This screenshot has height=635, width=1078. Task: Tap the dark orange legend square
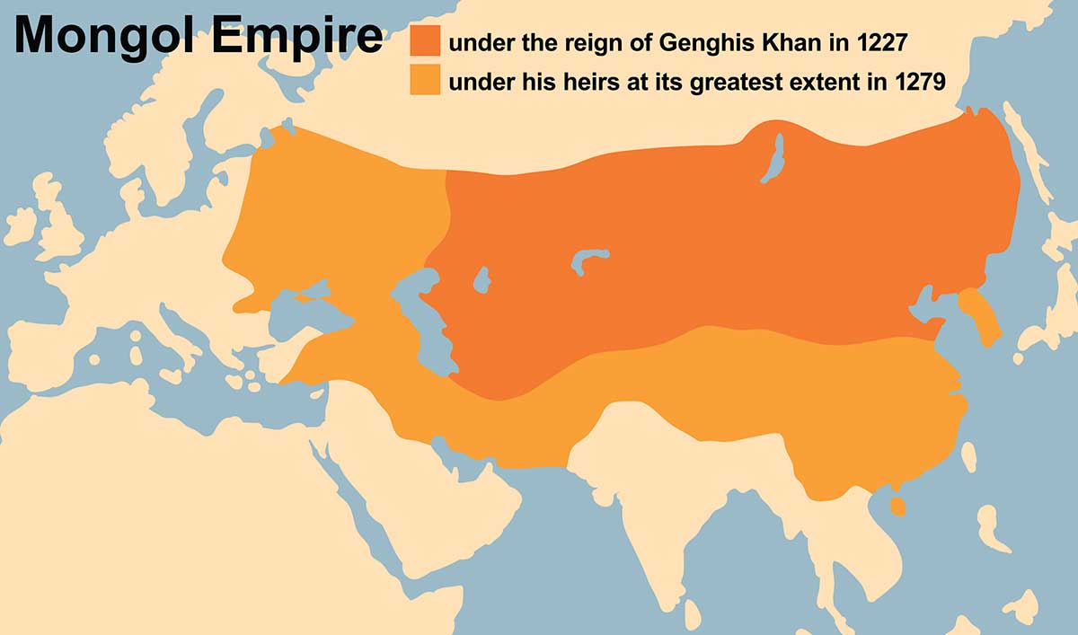[x=425, y=40]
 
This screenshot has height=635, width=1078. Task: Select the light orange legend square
[x=425, y=80]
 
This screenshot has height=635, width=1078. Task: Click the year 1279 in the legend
[x=919, y=83]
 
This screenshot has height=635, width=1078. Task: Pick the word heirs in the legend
[x=558, y=83]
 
